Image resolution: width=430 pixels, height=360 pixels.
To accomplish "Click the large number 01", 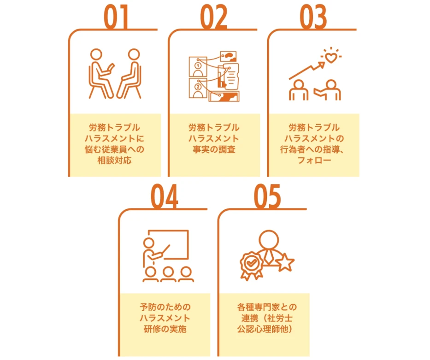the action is pos(116,17).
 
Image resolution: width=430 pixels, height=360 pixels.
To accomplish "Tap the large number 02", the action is pos(214,17).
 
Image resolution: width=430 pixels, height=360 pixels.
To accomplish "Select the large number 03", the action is pos(313,17).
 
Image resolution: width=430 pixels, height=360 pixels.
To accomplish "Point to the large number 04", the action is pos(165,196).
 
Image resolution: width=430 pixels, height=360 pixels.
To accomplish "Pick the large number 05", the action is pos(267,196).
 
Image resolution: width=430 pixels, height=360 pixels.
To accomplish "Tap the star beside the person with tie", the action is pos(285,262).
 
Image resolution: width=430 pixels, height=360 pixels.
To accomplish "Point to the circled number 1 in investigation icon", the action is pos(198,66).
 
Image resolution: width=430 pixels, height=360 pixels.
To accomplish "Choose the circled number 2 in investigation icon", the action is pos(198,87).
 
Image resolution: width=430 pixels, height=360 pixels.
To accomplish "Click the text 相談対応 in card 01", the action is pos(114,160).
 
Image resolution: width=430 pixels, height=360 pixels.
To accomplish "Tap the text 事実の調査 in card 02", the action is pos(214,149).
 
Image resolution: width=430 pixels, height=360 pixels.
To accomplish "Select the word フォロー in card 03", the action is pos(314,160).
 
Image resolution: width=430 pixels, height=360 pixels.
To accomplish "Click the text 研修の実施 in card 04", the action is pos(165,329).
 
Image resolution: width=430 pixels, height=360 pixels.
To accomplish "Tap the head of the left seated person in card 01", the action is pos(96,54).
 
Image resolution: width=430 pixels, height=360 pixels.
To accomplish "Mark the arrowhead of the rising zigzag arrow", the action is pos(321,65).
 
